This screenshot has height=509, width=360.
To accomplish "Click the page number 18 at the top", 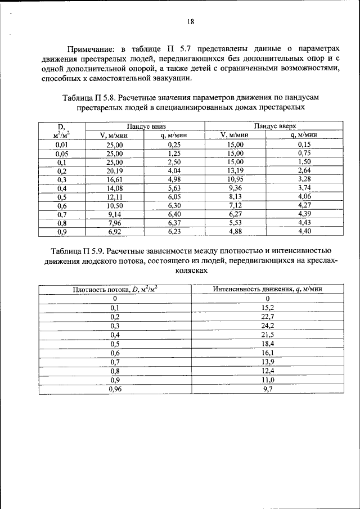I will [x=191, y=22].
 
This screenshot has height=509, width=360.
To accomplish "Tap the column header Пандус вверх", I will [x=274, y=127].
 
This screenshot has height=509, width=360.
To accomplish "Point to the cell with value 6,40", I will [x=173, y=214].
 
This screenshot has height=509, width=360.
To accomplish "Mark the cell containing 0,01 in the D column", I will [x=61, y=145].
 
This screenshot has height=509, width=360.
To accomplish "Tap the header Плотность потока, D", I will [x=115, y=289].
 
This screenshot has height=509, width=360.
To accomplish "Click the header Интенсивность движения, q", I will [x=267, y=289].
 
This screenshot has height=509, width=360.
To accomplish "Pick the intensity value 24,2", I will [x=267, y=325].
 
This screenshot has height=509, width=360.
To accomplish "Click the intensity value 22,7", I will [x=267, y=316].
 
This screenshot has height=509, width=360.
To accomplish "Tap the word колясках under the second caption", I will [x=192, y=271].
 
